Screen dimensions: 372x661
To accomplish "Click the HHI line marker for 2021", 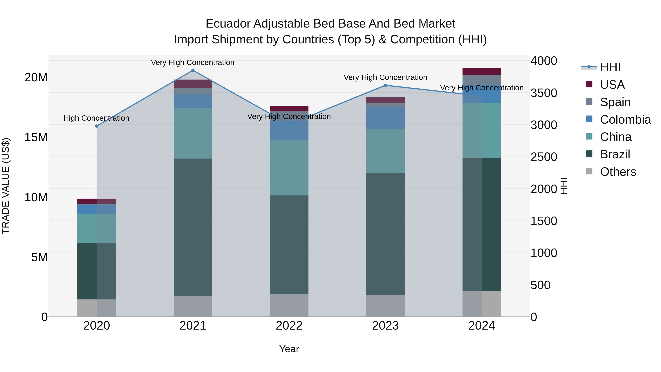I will tap(193, 70).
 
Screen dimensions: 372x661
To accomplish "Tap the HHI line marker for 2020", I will tap(96, 126).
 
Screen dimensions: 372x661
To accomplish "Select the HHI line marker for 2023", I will tap(385, 85).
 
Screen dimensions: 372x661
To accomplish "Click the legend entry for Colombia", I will tap(625, 119).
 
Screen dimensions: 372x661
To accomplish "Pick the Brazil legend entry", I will tap(615, 154).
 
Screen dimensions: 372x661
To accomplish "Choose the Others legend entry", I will tap(618, 172).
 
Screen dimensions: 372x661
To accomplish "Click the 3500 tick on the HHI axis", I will tap(543, 93).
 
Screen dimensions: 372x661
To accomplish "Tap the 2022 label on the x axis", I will tap(289, 326).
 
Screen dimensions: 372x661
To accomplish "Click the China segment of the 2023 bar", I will tap(385, 151).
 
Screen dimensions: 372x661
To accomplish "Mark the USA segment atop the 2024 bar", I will tap(481, 71).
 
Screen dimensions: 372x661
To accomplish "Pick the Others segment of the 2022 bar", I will tap(289, 305).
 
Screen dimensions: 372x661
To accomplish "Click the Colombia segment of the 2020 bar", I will tap(96, 209).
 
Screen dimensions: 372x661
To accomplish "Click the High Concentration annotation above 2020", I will tap(96, 118).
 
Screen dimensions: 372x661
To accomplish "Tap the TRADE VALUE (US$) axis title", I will tap(6, 186).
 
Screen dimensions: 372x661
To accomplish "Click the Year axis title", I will tap(289, 349).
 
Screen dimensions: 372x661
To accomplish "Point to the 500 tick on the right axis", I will tap(540, 285).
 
